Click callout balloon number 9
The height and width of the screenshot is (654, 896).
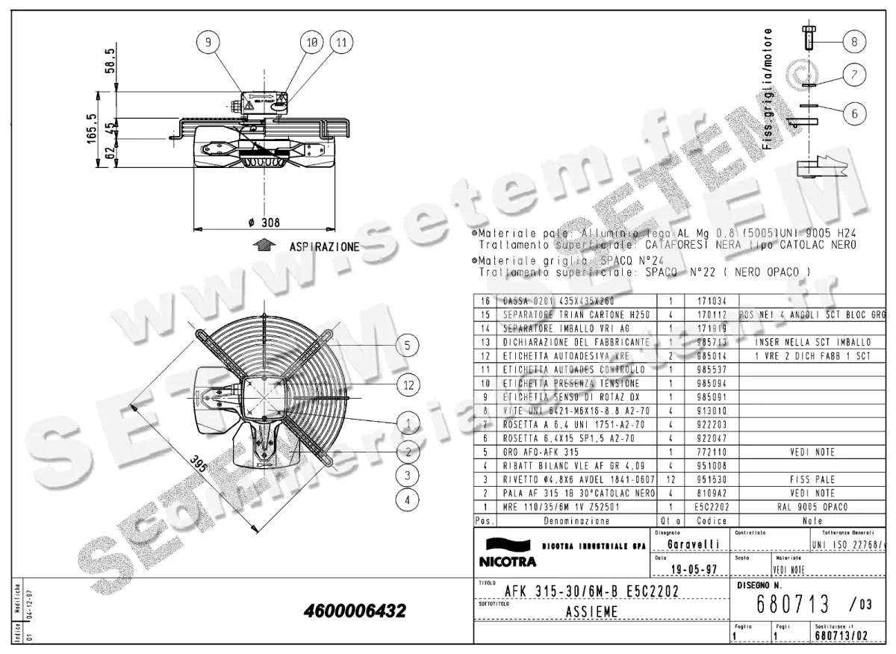209,43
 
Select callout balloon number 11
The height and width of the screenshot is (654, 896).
340,43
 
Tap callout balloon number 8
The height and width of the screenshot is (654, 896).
855,42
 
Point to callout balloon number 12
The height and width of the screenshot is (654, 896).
407,385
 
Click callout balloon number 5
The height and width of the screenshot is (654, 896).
407,344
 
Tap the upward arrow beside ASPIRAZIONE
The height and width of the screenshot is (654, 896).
261,245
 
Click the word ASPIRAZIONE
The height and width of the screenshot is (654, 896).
324,246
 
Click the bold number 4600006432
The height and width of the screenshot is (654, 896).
355,611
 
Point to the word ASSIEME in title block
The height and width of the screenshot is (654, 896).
586,612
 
